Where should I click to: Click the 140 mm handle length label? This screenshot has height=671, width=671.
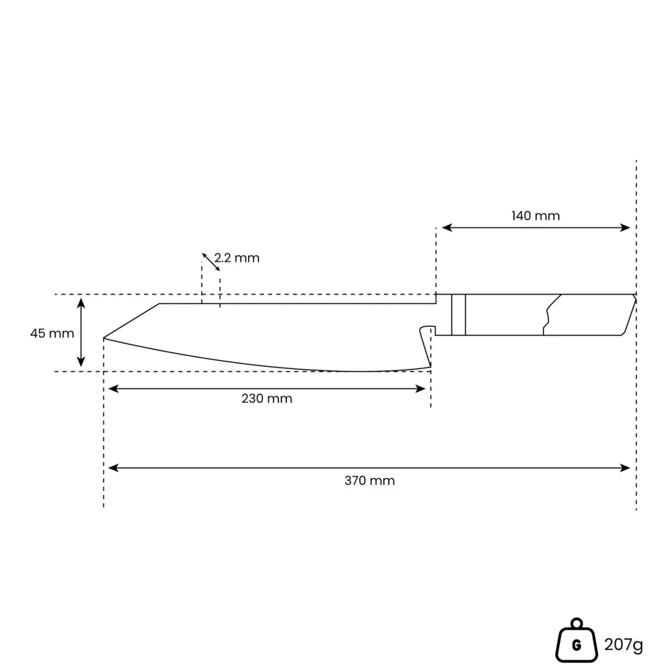pos(535,215)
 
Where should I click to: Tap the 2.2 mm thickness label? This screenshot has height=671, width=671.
pos(237,258)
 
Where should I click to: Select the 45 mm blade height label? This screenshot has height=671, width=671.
pos(52,333)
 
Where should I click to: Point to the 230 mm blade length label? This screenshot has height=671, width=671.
pos(267,398)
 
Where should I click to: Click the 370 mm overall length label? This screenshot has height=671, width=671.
pos(370,481)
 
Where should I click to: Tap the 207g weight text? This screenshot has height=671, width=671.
pos(623,644)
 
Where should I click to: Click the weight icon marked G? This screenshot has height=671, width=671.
pos(576,640)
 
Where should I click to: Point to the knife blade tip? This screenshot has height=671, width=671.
pos(104,338)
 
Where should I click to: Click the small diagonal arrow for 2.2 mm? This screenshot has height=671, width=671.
pos(211,262)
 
